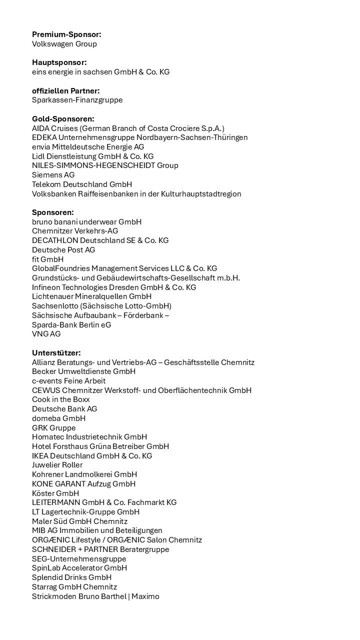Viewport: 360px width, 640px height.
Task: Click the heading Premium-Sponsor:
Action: tap(66, 34)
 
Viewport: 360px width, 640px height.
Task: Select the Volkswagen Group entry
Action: tap(64, 44)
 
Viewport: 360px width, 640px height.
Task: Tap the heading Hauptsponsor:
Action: tap(59, 62)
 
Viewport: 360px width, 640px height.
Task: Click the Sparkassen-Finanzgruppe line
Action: tap(77, 100)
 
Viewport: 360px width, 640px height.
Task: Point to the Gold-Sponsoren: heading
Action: tap(63, 119)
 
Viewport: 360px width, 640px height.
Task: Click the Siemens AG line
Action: tap(53, 175)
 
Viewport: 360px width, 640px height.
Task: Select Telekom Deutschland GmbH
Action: tap(82, 184)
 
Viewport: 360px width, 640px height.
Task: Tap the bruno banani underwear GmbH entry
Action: tap(86, 221)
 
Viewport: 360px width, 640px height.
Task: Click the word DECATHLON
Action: tap(55, 240)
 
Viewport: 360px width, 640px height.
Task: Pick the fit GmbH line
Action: tap(47, 259)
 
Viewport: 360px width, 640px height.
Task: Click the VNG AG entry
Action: tap(46, 334)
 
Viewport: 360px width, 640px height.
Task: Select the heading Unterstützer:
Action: tap(56, 353)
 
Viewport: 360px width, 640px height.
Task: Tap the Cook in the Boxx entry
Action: tap(61, 399)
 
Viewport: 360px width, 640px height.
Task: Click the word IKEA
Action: tap(40, 456)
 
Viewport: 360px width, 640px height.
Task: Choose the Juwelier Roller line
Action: tap(57, 465)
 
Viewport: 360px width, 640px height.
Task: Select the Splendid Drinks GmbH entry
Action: tap(72, 577)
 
